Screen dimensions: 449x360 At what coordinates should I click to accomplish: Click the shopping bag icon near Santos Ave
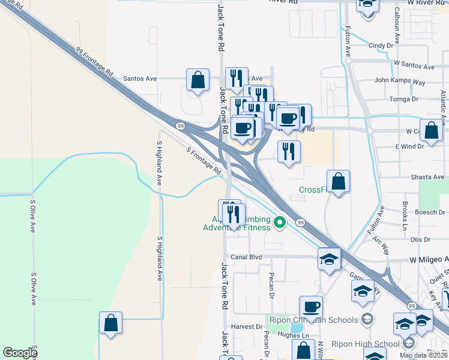coord(197,80)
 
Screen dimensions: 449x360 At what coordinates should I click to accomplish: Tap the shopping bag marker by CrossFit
coord(339,181)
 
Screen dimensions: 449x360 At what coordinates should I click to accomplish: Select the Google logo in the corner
coord(20,353)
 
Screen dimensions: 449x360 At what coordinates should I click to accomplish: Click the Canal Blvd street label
coord(247,257)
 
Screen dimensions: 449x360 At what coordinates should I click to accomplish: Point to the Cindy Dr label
coord(384,45)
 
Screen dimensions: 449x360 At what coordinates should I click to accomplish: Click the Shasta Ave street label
coord(427,177)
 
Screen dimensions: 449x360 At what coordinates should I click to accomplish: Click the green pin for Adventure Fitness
coord(279,223)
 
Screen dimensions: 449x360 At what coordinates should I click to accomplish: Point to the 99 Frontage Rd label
coord(95,62)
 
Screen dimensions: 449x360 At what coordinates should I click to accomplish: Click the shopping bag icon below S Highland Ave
coord(111,322)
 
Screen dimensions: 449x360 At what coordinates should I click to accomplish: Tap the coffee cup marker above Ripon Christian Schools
coord(311,307)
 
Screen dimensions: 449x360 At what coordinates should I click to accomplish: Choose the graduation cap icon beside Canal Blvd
coord(329,259)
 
